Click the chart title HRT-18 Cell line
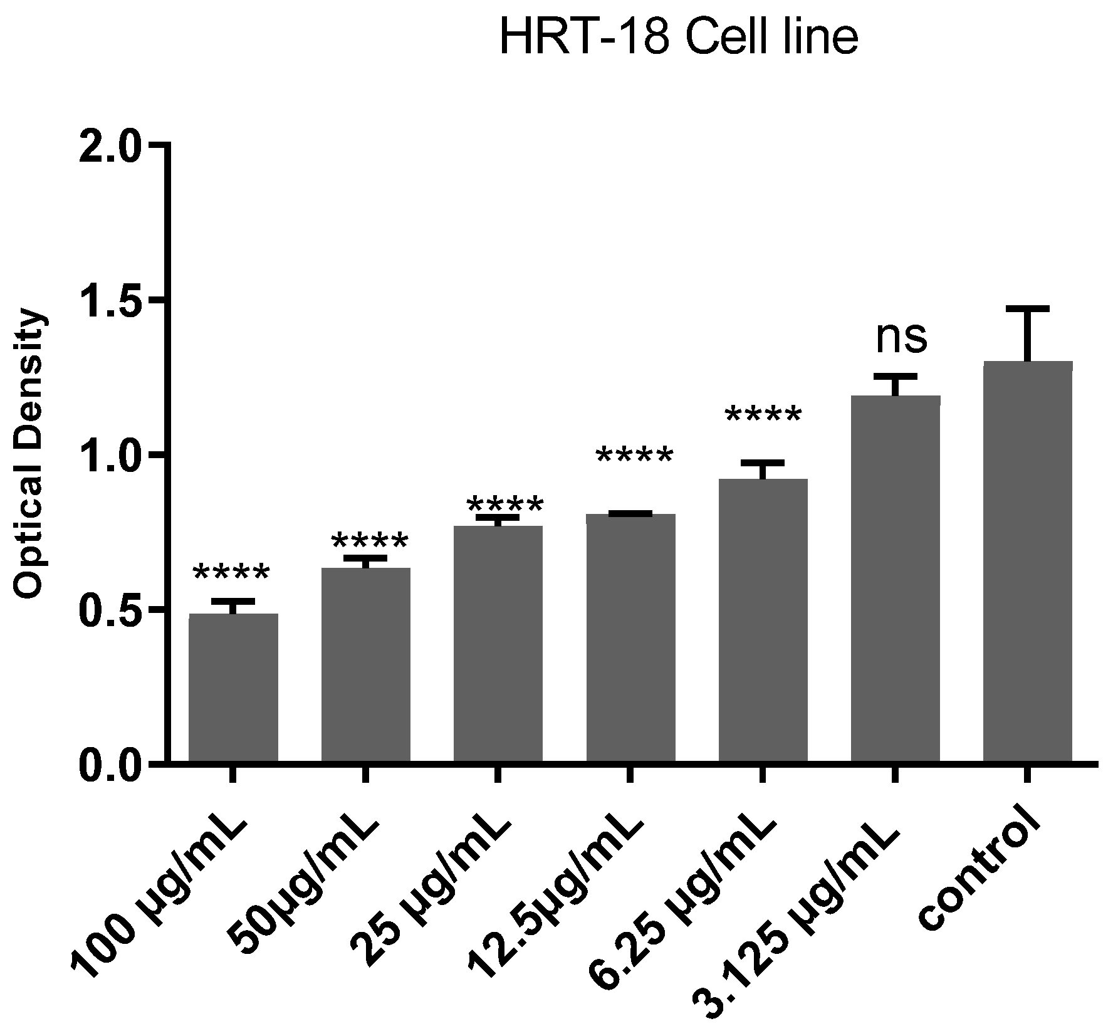tap(678, 38)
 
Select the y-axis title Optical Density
tap(31, 454)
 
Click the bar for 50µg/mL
tap(365, 664)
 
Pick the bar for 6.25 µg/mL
tap(763, 620)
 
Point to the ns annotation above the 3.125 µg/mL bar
tap(901, 338)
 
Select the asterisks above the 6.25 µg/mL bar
tap(763, 416)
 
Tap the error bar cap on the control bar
tap(1028, 309)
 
